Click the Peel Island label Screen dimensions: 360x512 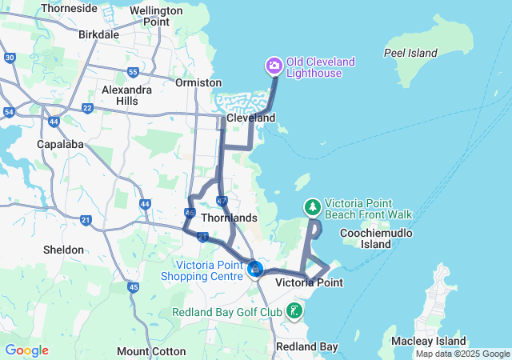(x=410, y=53)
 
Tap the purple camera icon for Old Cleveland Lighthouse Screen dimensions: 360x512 (x=274, y=65)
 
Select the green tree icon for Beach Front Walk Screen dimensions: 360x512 (x=312, y=207)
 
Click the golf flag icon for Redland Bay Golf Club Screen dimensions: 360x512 (x=295, y=310)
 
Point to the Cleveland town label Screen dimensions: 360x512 (x=250, y=118)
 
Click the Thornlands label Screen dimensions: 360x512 (x=230, y=218)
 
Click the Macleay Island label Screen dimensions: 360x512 (x=428, y=342)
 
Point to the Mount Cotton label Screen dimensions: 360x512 (x=151, y=351)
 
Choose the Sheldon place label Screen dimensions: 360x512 (x=63, y=250)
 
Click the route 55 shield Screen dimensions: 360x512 (x=133, y=72)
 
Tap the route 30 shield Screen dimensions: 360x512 (x=10, y=58)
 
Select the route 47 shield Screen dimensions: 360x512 (x=222, y=200)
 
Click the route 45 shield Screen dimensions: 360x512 (x=133, y=287)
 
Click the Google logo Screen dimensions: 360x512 (x=26, y=350)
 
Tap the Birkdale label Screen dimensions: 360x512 (x=99, y=34)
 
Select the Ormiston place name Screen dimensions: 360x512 (x=199, y=82)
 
